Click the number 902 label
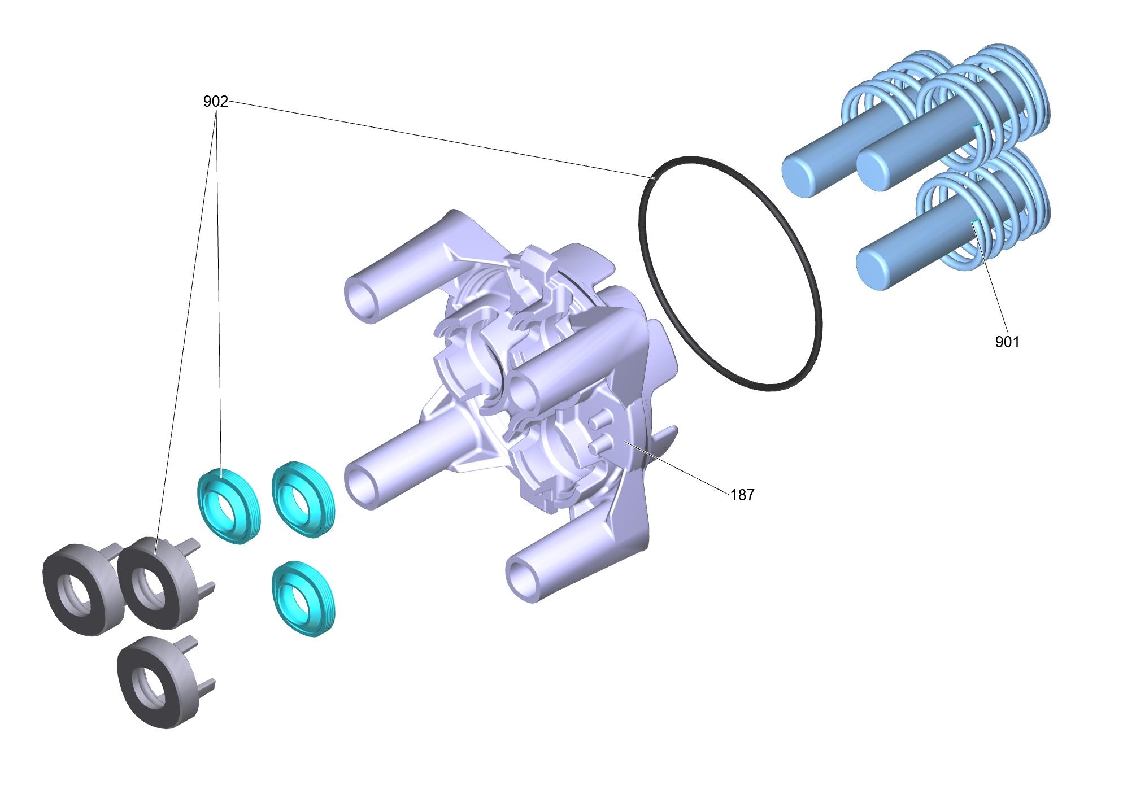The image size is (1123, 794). tap(215, 102)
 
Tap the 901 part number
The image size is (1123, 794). tap(1007, 342)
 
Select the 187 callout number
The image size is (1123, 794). tap(742, 495)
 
